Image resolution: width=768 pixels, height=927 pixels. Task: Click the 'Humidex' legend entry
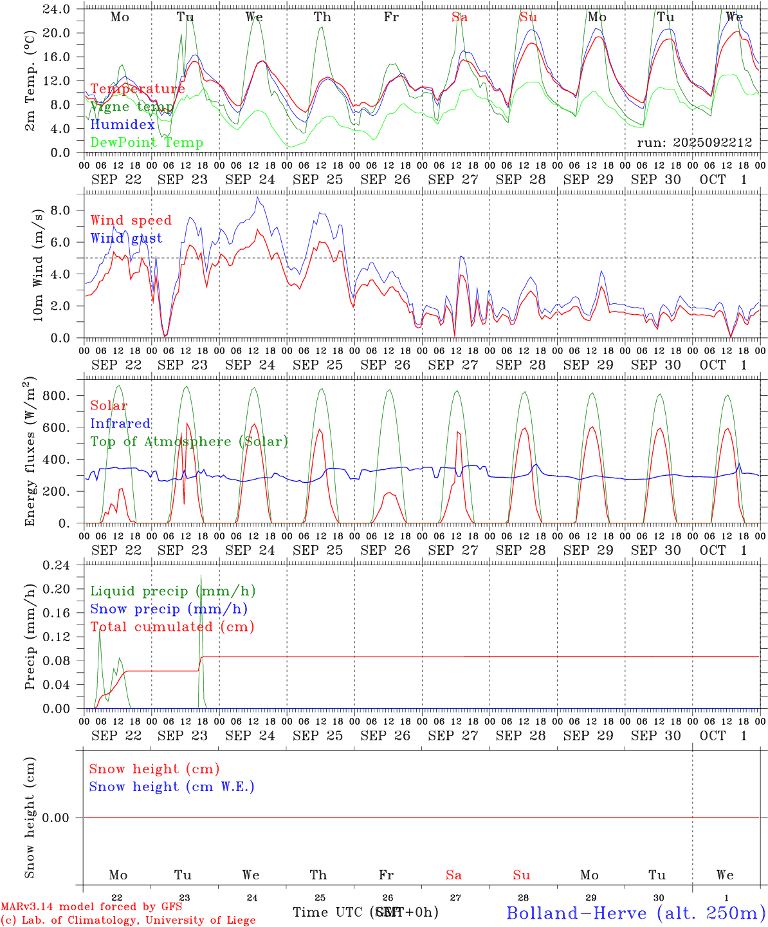(x=122, y=125)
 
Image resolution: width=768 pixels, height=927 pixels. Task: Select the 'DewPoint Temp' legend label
(x=147, y=143)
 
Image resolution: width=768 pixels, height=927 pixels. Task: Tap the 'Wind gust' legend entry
(x=126, y=238)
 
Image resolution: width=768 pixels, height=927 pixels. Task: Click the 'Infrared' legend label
(x=120, y=424)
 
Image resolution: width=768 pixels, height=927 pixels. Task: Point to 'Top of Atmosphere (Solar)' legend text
(x=189, y=442)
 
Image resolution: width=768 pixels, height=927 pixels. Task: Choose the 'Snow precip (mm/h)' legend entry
(x=169, y=609)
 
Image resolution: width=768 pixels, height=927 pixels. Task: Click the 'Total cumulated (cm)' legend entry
(x=172, y=627)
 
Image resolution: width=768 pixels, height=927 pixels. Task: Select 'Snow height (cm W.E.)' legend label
(x=172, y=787)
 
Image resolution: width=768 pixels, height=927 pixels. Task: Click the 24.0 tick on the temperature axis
(x=57, y=9)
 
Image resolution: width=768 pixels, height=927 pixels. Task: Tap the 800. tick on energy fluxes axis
(x=57, y=396)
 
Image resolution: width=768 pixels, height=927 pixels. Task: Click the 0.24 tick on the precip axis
(x=57, y=565)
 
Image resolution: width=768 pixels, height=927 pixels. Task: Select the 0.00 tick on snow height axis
(x=57, y=818)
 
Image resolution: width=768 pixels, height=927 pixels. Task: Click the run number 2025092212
(x=694, y=142)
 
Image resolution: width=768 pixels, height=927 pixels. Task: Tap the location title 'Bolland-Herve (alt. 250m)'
(x=635, y=913)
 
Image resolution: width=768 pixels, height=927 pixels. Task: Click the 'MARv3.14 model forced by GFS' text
(x=91, y=907)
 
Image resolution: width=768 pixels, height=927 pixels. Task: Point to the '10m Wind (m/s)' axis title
(x=38, y=265)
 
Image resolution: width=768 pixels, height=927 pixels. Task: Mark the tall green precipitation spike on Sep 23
(x=201, y=579)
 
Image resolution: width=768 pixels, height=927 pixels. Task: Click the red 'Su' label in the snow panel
(x=522, y=875)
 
